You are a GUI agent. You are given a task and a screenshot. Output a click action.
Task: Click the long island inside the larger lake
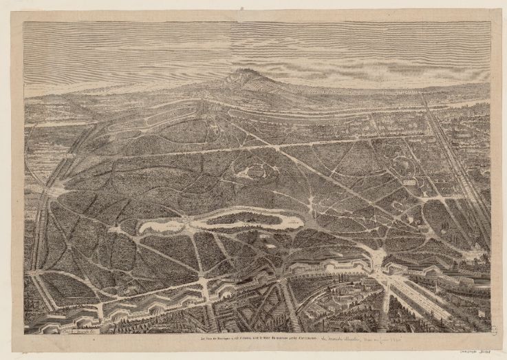tap(244, 218)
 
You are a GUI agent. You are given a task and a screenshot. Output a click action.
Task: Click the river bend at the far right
tap(475, 103)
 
